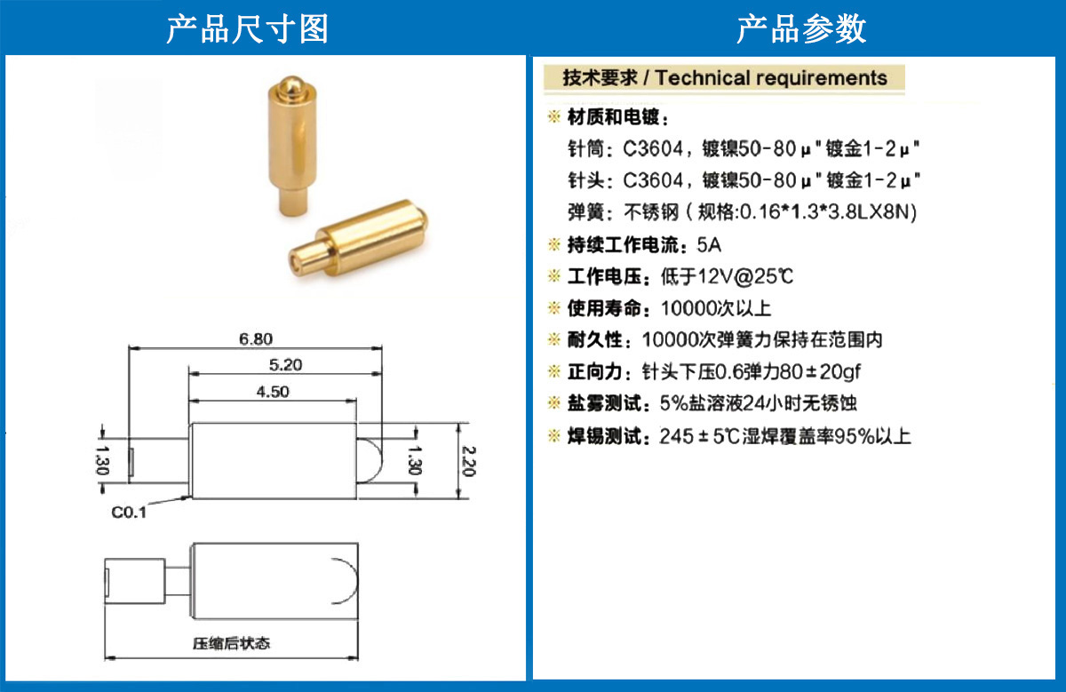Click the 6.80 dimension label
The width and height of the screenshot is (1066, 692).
click(256, 338)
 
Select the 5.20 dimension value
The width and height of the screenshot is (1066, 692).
click(285, 365)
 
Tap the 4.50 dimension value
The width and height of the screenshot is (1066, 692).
click(273, 392)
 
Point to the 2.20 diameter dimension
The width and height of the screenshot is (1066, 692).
click(469, 461)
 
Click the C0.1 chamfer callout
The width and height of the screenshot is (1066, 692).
click(129, 512)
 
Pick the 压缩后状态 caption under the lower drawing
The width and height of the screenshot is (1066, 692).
click(231, 643)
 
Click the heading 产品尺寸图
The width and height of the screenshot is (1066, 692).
click(248, 28)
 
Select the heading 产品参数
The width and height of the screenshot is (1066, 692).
click(801, 28)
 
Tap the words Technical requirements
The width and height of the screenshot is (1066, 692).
click(771, 78)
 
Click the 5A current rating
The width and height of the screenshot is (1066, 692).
click(709, 245)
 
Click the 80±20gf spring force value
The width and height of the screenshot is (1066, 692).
click(820, 371)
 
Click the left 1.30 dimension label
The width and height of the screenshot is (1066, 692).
click(102, 460)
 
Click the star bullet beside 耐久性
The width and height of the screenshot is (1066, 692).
click(554, 339)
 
